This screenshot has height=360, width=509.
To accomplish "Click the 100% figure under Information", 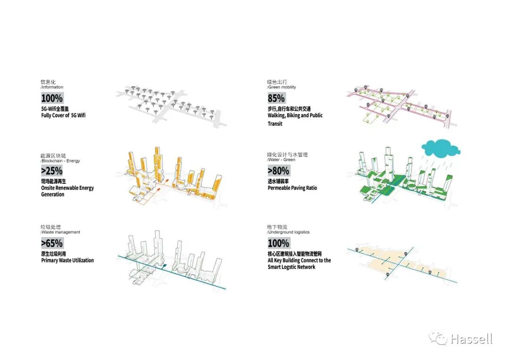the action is (x=52, y=98).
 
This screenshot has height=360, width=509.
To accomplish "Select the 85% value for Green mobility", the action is (x=276, y=98).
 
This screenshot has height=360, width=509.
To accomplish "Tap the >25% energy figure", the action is (x=52, y=171).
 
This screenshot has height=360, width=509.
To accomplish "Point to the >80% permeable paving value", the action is (x=279, y=171).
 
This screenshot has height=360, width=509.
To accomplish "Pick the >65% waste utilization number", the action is (x=52, y=244).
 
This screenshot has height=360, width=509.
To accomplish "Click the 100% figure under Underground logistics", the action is (x=278, y=244).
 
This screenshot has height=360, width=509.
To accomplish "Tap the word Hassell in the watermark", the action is (x=471, y=339).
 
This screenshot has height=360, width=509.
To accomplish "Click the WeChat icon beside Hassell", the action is (x=438, y=338).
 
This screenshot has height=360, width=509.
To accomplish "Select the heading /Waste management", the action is (x=60, y=232).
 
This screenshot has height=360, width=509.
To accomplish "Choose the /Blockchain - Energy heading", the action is (x=60, y=161).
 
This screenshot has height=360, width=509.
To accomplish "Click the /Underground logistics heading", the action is (x=288, y=232).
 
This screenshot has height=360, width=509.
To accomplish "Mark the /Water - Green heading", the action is (x=281, y=160).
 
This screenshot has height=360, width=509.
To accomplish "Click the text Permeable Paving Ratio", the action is (x=292, y=188).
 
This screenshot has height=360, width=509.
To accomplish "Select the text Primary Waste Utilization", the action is (x=67, y=260).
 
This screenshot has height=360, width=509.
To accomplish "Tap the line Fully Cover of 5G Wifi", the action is (x=63, y=115).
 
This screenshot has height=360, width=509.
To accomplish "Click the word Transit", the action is (x=275, y=124).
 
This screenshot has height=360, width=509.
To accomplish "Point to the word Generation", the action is (x=53, y=195).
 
